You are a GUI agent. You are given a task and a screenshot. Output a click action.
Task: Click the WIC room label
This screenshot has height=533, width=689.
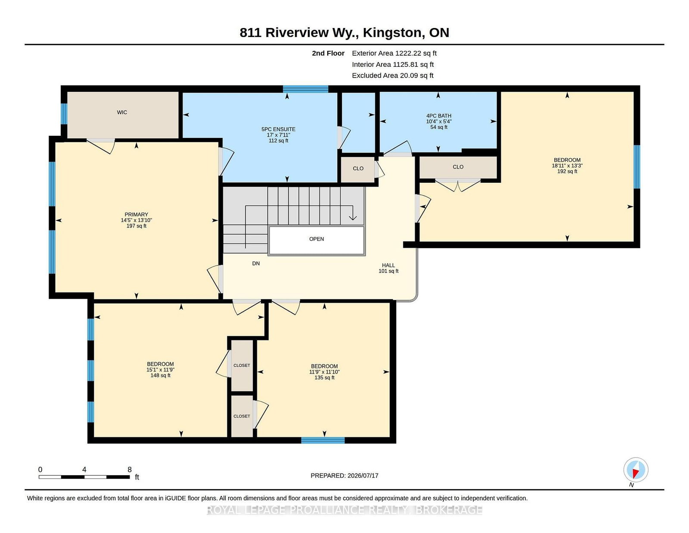(x=122, y=112)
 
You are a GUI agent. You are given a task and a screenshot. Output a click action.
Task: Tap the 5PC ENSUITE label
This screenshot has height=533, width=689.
(x=278, y=129)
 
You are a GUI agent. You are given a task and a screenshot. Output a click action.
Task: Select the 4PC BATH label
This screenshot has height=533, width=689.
(x=438, y=116)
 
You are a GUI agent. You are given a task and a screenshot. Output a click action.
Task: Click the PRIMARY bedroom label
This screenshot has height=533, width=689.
(x=137, y=215)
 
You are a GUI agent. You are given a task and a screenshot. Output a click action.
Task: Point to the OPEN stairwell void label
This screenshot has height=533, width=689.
(x=317, y=239)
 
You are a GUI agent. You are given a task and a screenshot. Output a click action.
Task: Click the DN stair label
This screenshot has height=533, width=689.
(x=256, y=263)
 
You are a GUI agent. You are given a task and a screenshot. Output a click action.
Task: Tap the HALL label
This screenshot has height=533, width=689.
(x=388, y=265)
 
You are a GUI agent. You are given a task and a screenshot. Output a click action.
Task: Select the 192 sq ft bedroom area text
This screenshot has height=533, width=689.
(x=567, y=171)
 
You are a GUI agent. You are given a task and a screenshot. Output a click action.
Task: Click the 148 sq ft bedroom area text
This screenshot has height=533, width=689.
(x=161, y=375)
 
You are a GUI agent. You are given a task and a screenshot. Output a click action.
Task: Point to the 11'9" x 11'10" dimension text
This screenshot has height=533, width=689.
(x=324, y=372)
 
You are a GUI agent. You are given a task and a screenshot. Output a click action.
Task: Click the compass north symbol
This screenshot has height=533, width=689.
(x=636, y=470)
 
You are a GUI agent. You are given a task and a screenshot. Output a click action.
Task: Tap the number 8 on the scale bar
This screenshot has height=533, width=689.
(x=129, y=470)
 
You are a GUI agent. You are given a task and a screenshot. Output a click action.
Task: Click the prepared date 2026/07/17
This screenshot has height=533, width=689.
(x=363, y=476)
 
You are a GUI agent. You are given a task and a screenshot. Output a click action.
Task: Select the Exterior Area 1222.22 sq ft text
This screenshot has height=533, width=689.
(x=394, y=53)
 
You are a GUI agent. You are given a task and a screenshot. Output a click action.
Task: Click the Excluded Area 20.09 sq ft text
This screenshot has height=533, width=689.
(x=393, y=75)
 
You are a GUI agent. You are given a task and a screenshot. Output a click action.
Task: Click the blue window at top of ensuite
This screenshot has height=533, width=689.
(x=305, y=89)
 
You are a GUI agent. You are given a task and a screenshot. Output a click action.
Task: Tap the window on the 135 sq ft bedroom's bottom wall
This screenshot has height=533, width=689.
(x=323, y=440)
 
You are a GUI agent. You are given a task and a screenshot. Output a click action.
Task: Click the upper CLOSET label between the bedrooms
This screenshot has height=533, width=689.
(x=242, y=365)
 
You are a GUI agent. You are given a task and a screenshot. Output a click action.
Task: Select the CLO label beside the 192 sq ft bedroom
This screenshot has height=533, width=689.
(x=458, y=167)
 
